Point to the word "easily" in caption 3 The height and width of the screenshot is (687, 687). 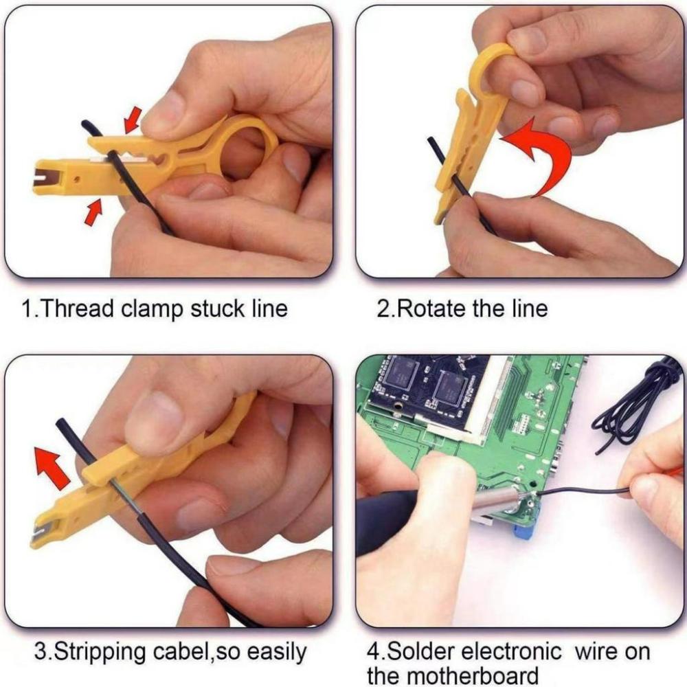point(273,651)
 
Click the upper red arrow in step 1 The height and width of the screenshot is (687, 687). point(133,119)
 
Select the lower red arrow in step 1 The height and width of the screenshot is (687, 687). point(93,211)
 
